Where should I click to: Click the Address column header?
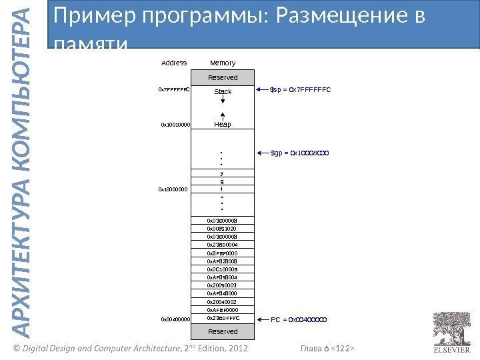click(x=174, y=63)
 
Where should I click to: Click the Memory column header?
click(x=223, y=63)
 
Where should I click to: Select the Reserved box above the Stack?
click(x=223, y=78)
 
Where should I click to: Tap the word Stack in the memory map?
click(x=223, y=91)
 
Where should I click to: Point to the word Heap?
click(x=223, y=125)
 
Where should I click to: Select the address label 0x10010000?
click(x=176, y=125)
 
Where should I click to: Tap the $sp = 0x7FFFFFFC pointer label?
click(x=300, y=89)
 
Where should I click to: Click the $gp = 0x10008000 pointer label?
click(x=300, y=153)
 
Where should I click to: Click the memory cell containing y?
click(x=223, y=173)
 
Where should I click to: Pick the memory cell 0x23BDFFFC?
click(x=223, y=319)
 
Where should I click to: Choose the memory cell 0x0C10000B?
click(x=223, y=269)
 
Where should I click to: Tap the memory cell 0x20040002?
click(x=223, y=302)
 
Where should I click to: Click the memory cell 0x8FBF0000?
click(x=223, y=253)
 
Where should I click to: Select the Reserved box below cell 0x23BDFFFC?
click(x=223, y=331)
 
